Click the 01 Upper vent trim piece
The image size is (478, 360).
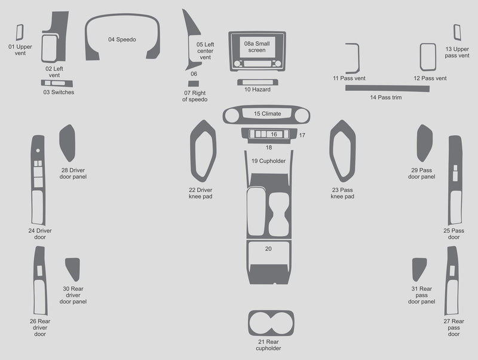[20, 32]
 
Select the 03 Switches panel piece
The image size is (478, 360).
[57, 83]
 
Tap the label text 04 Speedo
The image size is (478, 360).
[122, 39]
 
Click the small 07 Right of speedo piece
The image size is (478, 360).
[193, 84]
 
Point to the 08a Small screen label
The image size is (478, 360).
[257, 47]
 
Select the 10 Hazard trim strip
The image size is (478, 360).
[258, 82]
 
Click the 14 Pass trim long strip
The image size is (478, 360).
[387, 89]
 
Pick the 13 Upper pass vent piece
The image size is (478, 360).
[457, 32]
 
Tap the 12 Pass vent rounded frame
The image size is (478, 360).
[428, 57]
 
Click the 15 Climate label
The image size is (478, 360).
[267, 114]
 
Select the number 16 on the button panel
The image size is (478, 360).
[274, 134]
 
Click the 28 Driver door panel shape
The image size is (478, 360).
[68, 143]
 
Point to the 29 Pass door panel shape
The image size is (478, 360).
[424, 143]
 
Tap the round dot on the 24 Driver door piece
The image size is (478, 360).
[38, 151]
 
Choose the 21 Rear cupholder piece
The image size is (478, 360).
[271, 323]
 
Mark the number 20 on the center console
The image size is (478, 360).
[268, 249]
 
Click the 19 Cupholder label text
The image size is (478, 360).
[268, 161]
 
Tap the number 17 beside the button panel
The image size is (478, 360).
[302, 135]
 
